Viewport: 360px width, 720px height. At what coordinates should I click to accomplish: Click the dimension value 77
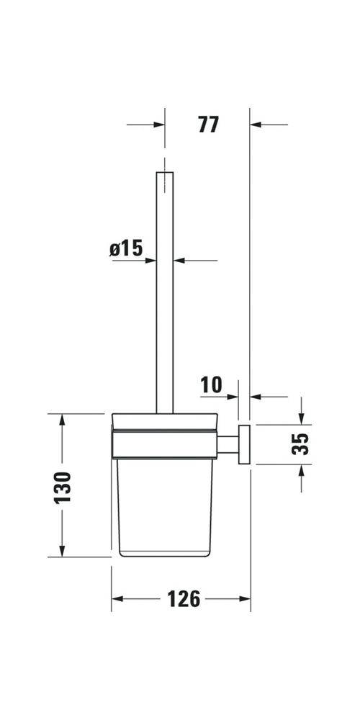tap(207, 125)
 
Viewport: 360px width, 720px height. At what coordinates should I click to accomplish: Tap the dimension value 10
tap(211, 385)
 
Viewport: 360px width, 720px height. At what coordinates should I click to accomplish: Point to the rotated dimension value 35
tap(302, 444)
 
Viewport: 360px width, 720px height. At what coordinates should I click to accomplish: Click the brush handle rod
tap(165, 288)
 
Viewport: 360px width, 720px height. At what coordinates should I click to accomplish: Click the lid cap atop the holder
tap(165, 420)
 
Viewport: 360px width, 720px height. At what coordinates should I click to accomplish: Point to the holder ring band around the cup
tap(165, 444)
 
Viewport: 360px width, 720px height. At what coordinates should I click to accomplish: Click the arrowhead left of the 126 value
tap(118, 599)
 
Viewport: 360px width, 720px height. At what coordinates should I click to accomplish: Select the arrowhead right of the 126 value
tap(244, 599)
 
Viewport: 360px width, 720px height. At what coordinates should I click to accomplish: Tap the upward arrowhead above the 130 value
tap(63, 420)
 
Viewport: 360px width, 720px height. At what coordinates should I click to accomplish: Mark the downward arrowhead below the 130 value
tap(63, 550)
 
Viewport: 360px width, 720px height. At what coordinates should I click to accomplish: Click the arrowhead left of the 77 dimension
tap(158, 125)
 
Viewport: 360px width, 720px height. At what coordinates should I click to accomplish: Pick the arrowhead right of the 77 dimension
tap(257, 125)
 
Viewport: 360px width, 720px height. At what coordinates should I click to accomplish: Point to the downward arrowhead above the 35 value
tap(302, 418)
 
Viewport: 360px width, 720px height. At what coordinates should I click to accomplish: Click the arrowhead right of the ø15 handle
tap(181, 260)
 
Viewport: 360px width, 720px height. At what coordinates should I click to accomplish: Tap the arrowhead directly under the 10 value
tap(232, 396)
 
